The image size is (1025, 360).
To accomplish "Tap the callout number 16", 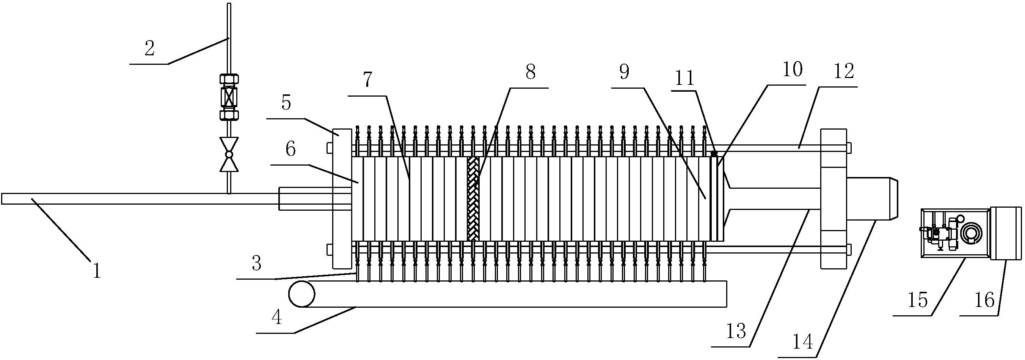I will point(985,300).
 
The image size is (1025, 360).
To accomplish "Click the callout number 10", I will point(792,70).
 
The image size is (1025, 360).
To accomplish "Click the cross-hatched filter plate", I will point(473,199).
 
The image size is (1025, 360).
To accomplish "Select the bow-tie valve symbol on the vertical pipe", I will point(229,154).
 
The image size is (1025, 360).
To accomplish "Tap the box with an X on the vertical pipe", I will point(229,97).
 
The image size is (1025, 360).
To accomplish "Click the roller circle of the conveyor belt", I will point(301,294).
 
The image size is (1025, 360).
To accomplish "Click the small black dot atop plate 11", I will point(714,153).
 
